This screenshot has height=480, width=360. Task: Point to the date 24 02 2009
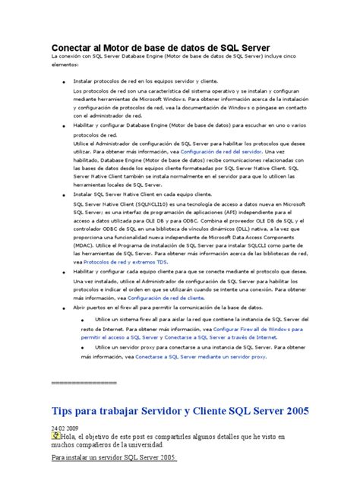point(66,428)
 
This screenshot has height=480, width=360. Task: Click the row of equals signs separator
point(83,383)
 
